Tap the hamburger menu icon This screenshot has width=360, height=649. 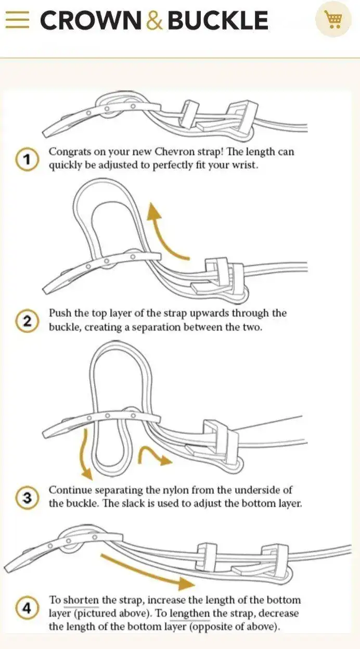(x=17, y=20)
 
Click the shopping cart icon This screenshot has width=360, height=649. (x=333, y=19)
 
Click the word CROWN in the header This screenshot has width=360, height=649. (x=91, y=20)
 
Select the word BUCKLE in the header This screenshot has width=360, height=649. (x=218, y=20)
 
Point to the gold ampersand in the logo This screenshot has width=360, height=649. (x=155, y=20)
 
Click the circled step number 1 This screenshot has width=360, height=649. (x=27, y=160)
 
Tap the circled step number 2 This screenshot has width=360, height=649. (x=27, y=321)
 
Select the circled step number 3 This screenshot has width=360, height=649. (x=27, y=498)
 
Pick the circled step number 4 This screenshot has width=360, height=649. (x=27, y=608)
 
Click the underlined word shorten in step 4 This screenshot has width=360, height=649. (x=81, y=600)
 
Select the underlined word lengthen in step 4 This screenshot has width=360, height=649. (x=190, y=614)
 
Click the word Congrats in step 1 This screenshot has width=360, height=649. (x=70, y=152)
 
